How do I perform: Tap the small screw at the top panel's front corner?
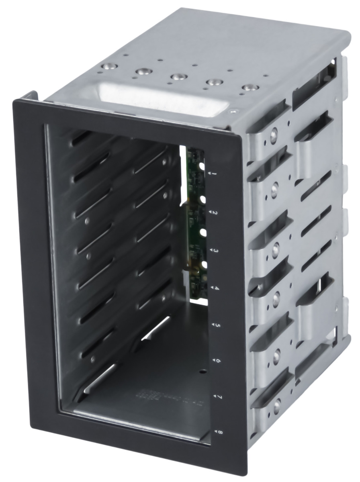[x=233, y=112]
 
